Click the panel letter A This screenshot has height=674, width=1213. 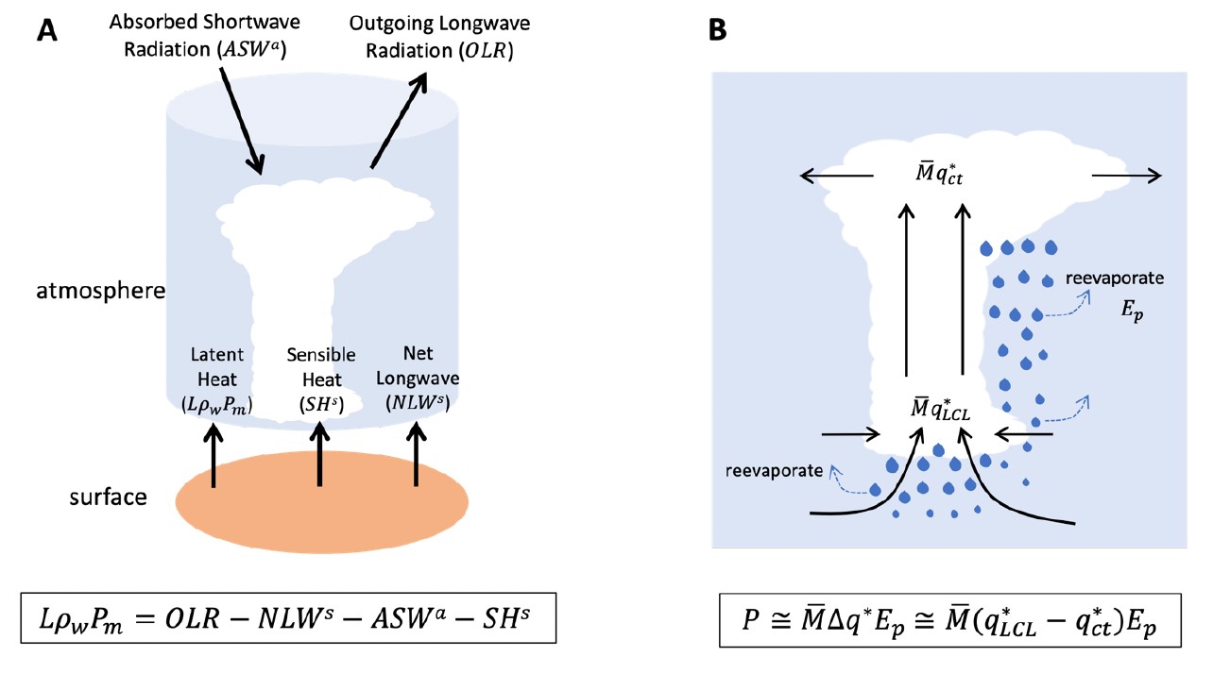pyautogui.click(x=47, y=31)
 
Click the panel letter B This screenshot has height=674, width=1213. pyautogui.click(x=717, y=31)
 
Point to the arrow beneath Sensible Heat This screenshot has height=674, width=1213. pyautogui.click(x=321, y=454)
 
